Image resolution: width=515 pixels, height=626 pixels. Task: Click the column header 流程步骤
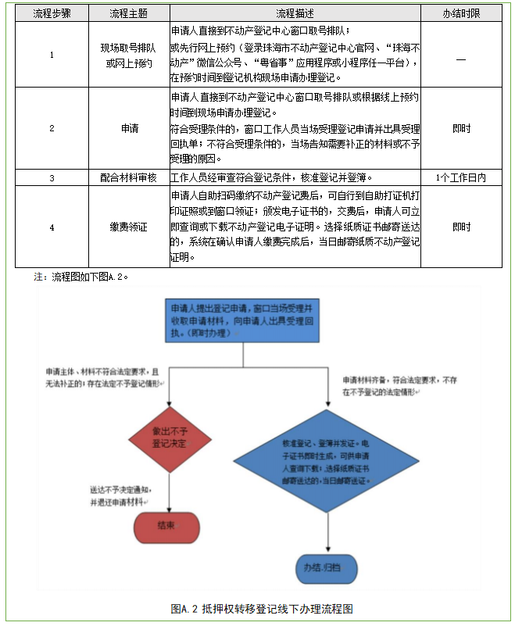click(52, 14)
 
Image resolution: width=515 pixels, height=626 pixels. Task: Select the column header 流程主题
click(128, 14)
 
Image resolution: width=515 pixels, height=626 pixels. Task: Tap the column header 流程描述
click(295, 14)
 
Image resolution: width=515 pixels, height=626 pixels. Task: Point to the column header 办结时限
click(461, 14)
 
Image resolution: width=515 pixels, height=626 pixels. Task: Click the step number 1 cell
click(52, 55)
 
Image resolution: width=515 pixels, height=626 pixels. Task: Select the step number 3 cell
click(52, 177)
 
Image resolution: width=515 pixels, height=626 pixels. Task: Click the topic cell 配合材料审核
click(128, 177)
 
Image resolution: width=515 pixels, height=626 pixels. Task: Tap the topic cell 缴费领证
click(128, 227)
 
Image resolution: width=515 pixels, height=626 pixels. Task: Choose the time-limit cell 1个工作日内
click(461, 177)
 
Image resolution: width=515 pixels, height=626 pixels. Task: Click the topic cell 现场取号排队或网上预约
click(128, 55)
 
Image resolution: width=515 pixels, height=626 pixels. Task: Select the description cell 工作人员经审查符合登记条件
click(295, 177)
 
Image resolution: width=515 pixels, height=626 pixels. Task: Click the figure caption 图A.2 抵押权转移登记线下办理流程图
click(257, 608)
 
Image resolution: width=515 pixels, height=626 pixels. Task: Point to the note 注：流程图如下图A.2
click(81, 277)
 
